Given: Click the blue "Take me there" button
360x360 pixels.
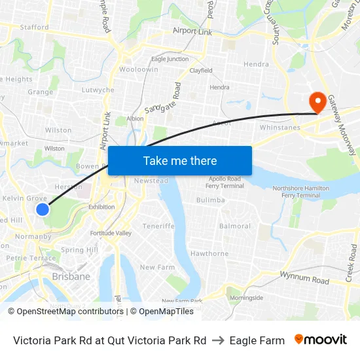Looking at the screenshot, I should tap(180, 160).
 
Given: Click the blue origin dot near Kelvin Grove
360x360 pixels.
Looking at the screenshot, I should tap(43, 209).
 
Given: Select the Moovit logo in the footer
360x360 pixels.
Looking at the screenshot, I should tap(321, 340).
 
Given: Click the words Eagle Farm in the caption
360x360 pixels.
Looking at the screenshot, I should tap(257, 340).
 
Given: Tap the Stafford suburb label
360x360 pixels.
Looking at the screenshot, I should tap(34, 27).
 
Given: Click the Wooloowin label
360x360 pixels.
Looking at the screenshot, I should tap(138, 69).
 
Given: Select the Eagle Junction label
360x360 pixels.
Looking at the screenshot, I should tap(170, 59).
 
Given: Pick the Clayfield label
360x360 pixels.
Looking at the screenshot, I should tap(200, 71).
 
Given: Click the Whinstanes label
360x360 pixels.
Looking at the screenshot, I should tap(281, 128).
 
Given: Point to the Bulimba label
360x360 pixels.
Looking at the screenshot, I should tap(211, 200).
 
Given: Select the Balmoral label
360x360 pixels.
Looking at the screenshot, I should tap(235, 226).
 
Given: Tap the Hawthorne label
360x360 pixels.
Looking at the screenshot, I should tap(209, 253).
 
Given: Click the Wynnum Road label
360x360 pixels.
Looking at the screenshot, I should tap(304, 278).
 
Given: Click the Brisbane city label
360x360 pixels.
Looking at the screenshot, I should tap(71, 277).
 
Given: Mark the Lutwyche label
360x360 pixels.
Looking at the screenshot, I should tap(98, 90).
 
